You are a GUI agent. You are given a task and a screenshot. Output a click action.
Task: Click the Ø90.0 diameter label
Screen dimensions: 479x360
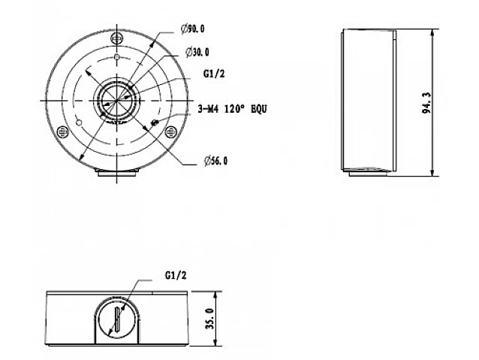coord(192,29)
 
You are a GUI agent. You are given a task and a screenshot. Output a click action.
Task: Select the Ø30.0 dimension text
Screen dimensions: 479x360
coord(197,53)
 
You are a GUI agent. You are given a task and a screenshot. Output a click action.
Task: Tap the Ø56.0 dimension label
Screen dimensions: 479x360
coord(215,161)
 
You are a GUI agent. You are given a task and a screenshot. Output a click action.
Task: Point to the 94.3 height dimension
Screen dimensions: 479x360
coord(426,103)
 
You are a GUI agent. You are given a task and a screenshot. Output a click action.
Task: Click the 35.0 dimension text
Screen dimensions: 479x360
coord(210,319)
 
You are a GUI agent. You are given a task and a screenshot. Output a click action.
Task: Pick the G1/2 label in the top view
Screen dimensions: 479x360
coord(214,74)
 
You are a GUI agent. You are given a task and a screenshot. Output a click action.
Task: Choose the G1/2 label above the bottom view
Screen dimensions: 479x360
coord(176,276)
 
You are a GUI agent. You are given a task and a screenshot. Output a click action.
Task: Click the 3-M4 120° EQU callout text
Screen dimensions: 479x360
coord(232,109)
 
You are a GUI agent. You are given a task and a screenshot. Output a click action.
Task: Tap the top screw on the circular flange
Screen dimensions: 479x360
coord(116,38)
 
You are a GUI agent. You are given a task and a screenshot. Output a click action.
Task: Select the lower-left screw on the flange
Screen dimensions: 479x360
coord(62,132)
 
